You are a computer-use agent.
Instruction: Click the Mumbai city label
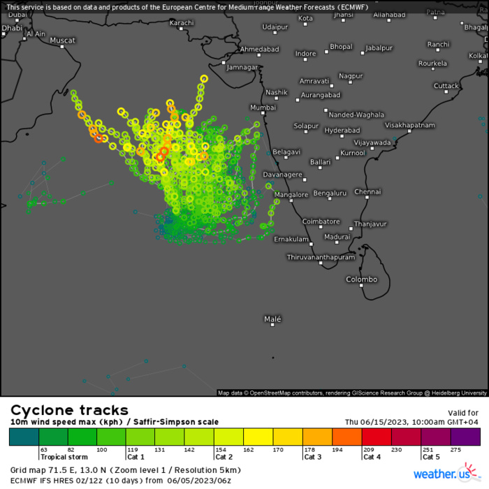click(x=263, y=108)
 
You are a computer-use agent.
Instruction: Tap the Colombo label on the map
click(x=362, y=279)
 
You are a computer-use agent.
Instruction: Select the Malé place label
click(x=272, y=319)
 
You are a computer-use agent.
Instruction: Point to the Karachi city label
click(x=182, y=23)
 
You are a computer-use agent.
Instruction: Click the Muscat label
click(x=62, y=41)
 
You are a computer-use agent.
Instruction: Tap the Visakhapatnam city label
click(x=410, y=125)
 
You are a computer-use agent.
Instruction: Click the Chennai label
click(x=367, y=191)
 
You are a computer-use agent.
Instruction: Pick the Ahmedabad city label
click(x=259, y=50)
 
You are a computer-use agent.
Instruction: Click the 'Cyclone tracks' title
click(x=69, y=410)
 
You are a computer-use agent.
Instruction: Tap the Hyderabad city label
click(x=342, y=131)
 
